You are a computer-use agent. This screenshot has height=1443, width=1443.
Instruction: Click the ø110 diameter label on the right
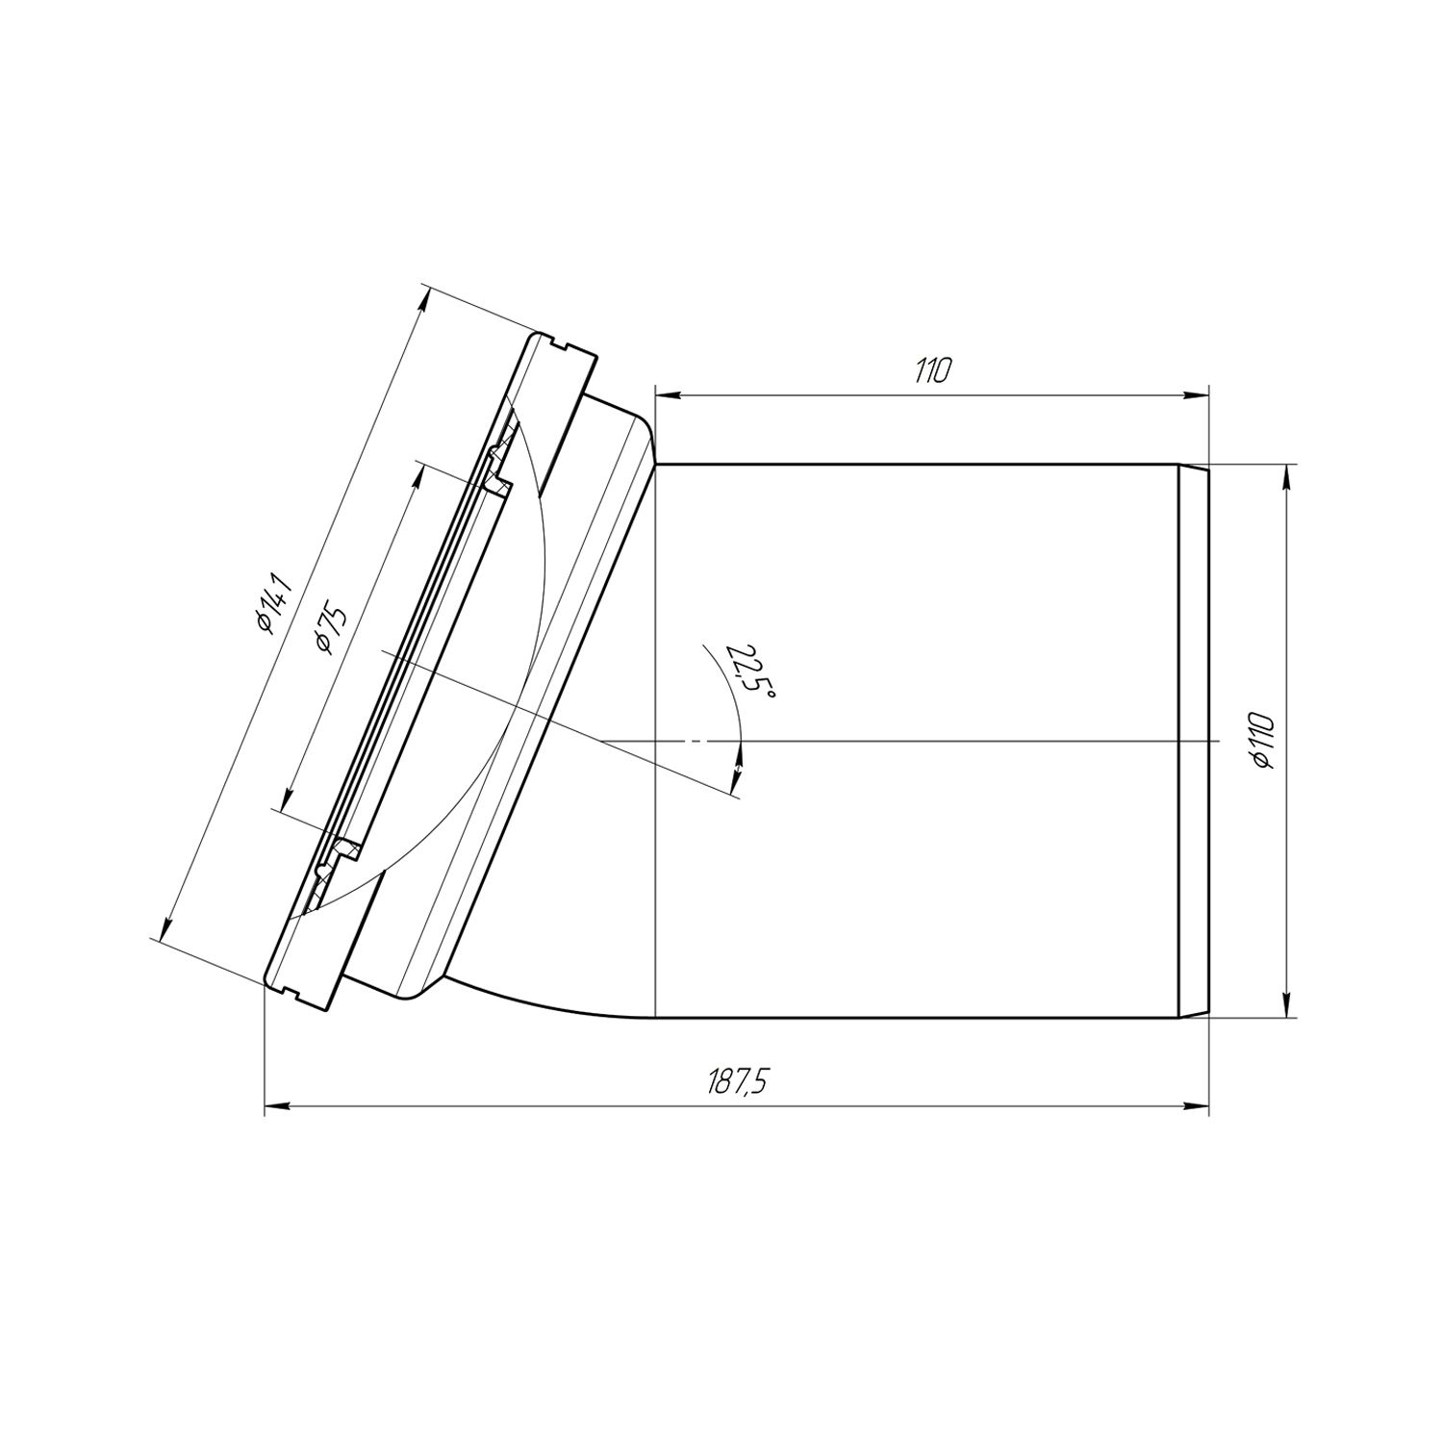click(1263, 742)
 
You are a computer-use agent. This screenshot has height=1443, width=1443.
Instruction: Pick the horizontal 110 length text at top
click(932, 371)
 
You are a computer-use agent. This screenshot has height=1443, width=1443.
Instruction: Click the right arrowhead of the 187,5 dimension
click(1197, 1106)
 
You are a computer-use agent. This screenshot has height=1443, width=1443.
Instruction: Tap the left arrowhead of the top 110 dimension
click(667, 393)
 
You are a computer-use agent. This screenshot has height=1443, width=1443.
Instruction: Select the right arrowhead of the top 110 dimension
click(1197, 393)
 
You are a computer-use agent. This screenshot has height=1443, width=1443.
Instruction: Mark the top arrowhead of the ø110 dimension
click(1286, 478)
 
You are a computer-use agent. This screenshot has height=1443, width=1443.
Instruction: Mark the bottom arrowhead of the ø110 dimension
click(1286, 1004)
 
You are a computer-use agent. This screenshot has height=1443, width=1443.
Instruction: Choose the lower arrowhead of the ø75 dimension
click(285, 797)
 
